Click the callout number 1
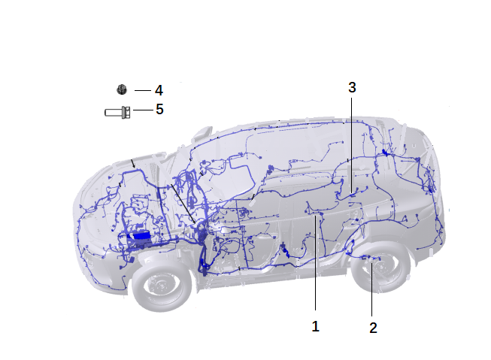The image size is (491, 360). (315, 326)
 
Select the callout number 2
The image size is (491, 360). (373, 328)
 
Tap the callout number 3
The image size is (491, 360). (352, 88)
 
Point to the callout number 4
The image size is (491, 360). (159, 90)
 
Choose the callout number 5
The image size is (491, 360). (159, 109)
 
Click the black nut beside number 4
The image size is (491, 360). (122, 89)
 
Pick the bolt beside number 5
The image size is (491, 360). (117, 113)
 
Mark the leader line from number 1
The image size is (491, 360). (315, 262)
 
